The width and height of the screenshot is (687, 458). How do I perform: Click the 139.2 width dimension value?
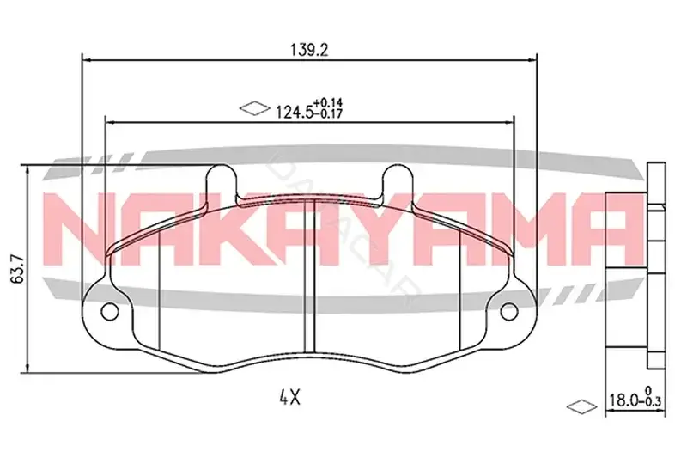309,51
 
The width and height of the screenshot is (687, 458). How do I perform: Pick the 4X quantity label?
289,398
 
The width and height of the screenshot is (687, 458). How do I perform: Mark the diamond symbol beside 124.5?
254,108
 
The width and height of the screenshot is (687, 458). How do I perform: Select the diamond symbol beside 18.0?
581,406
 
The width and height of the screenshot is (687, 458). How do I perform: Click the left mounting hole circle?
110,311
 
